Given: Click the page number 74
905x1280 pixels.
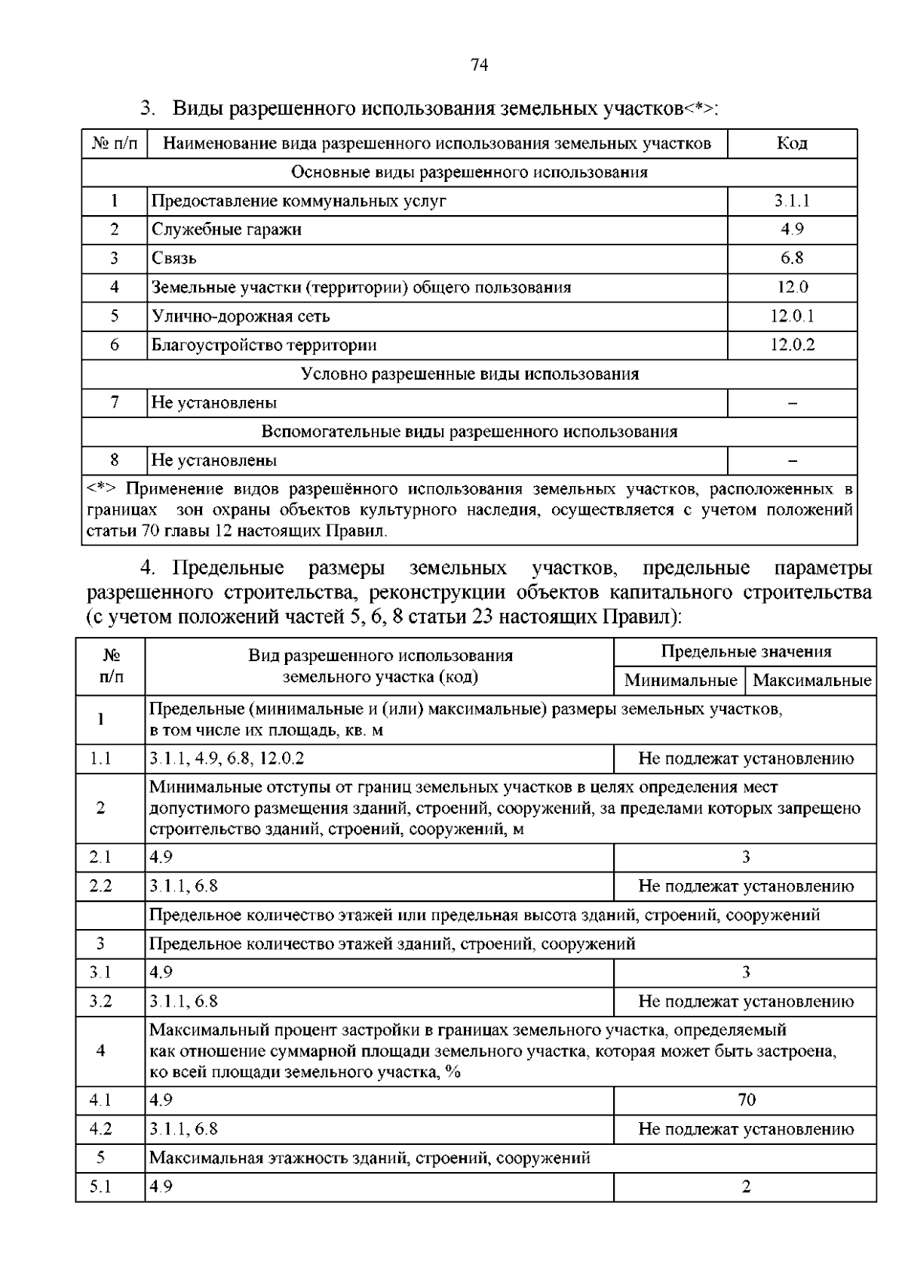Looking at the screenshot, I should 480,65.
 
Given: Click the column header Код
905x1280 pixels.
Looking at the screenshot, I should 792,143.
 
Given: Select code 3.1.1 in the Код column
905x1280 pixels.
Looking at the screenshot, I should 792,201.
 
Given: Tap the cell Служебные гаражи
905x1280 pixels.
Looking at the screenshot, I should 226,229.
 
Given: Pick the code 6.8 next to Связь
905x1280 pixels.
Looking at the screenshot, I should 792,258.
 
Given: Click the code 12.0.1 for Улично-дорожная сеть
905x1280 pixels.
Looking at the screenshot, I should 792,316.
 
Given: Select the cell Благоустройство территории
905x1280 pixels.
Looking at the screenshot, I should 264,345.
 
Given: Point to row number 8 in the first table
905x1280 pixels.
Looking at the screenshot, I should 115,460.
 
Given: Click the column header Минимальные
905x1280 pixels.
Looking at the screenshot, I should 680,681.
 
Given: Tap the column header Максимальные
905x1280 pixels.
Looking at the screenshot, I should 811,681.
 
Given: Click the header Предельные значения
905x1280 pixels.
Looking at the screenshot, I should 746,652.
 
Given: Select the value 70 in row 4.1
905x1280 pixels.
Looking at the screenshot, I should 746,1100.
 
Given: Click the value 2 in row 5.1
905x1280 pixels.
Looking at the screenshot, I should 746,1187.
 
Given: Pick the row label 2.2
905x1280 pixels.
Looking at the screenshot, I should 100,886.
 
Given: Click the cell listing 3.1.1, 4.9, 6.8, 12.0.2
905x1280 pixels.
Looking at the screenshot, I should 227,758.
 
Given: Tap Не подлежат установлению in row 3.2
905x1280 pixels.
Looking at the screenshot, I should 746,1002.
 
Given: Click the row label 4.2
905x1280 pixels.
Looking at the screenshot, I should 100,1129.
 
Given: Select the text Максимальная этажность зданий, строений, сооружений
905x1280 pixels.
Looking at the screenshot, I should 370,1158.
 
